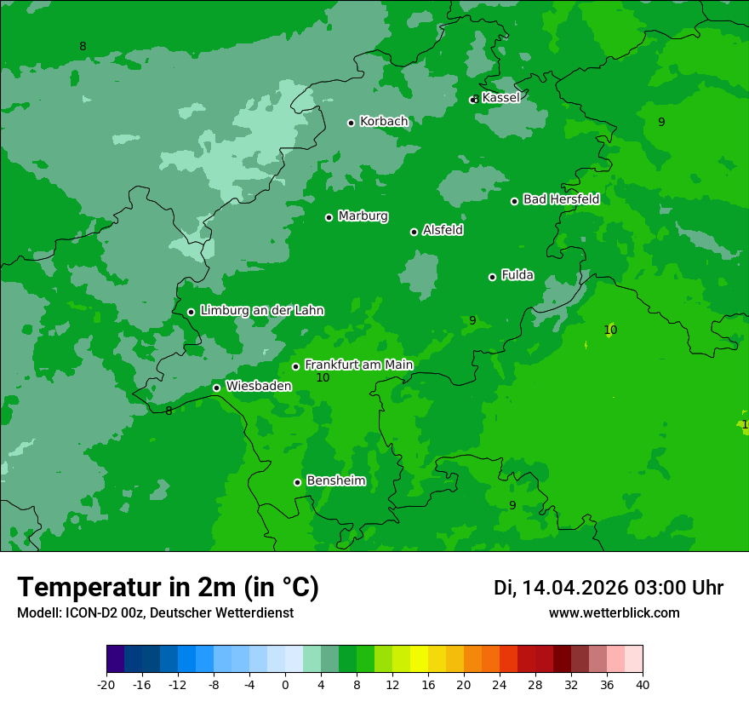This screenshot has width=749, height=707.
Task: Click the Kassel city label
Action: (x=500, y=98)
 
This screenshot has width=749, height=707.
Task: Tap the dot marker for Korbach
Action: (x=351, y=123)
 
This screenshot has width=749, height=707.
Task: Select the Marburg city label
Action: (x=363, y=216)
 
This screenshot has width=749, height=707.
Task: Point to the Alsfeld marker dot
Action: (x=414, y=232)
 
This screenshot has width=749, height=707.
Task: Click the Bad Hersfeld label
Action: (x=561, y=199)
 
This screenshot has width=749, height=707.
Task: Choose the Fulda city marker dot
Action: (x=492, y=277)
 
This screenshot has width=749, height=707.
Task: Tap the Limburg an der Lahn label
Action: (x=261, y=311)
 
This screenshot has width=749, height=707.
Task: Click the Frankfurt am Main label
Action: (x=358, y=365)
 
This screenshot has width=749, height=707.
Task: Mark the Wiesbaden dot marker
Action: (x=216, y=388)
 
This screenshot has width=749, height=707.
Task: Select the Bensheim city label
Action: (x=335, y=480)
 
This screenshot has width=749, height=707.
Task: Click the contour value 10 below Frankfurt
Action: (x=323, y=377)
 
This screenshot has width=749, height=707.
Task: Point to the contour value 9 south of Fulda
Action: (x=472, y=320)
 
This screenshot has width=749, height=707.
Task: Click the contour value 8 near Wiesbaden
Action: (x=169, y=411)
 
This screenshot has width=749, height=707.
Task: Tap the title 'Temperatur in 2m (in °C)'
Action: (x=168, y=588)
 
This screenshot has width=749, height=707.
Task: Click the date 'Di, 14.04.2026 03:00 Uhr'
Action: (x=609, y=588)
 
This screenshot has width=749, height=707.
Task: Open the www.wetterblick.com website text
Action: (x=614, y=612)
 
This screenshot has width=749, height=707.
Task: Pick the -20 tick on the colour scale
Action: (x=106, y=684)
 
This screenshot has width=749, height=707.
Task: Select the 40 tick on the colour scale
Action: (x=643, y=684)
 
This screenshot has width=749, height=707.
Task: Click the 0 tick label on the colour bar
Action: (x=285, y=684)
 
